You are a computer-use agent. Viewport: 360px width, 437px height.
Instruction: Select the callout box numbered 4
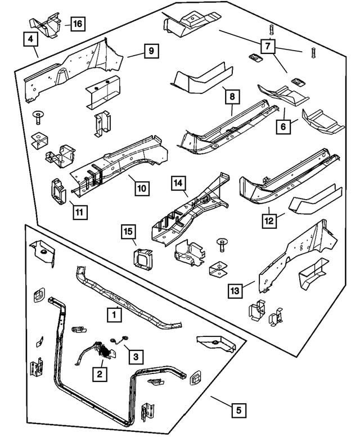pos(31,39)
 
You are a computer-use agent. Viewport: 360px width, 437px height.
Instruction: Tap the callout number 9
pos(151,51)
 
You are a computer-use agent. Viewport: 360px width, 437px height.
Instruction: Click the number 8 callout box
pos(231,97)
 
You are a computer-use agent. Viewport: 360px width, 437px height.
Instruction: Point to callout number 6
pos(283,127)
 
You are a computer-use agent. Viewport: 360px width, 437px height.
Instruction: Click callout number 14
pos(178,183)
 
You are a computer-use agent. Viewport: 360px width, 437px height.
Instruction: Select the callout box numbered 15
pos(128,231)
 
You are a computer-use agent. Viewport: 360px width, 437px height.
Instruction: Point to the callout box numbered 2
pos(100,372)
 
